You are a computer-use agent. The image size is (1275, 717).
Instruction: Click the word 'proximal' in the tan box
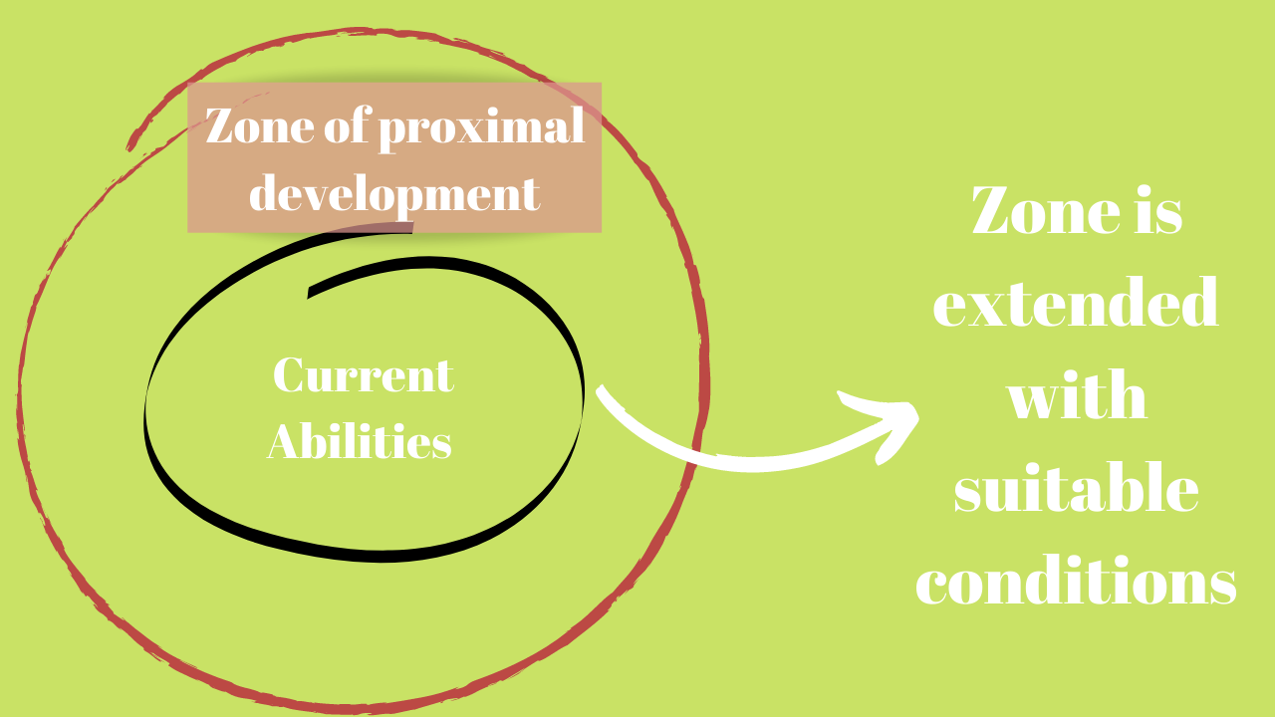481,128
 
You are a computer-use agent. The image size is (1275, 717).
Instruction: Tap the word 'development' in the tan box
394,194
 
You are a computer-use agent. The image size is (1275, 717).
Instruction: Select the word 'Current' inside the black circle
364,375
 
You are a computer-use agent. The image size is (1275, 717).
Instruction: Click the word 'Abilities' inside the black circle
360,440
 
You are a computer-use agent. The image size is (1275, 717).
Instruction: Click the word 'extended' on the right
1075,303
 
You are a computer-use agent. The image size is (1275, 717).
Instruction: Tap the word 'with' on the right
1077,395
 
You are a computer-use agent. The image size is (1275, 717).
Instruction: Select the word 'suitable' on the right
1077,488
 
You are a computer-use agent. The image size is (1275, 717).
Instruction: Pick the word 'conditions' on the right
1076,581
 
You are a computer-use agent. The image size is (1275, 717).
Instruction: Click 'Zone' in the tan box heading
260,125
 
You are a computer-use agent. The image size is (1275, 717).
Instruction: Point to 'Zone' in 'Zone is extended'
1046,210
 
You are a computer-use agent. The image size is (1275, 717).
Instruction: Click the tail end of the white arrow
600,389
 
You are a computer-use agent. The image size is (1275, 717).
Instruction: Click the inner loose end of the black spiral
309,292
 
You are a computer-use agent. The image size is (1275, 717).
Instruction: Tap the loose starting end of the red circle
129,146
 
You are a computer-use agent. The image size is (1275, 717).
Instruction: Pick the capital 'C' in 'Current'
287,374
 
